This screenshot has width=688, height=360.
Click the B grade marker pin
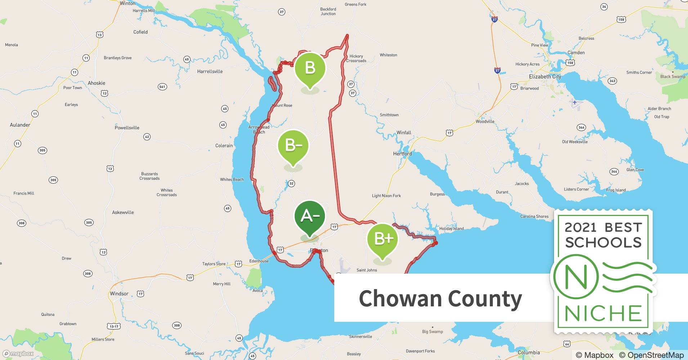[310, 68]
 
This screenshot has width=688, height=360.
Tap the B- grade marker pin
[293, 146]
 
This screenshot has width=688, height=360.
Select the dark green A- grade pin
[310, 216]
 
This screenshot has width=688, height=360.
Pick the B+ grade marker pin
[382, 239]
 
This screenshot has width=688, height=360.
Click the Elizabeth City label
[545, 77]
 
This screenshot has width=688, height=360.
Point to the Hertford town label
[402, 154]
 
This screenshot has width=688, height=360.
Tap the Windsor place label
[119, 294]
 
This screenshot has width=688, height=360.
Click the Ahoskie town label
[97, 83]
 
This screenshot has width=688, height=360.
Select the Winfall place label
[404, 132]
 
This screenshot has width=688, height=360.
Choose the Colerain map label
[224, 146]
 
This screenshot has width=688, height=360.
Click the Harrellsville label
[210, 72]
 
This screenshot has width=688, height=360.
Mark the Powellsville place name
[127, 128]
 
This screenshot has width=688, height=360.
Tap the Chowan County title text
[440, 298]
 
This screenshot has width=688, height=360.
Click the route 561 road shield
[162, 87]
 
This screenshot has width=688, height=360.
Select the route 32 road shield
[291, 184]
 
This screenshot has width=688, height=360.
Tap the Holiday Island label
[451, 229]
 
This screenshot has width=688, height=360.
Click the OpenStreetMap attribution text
[651, 355]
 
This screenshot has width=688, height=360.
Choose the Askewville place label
[123, 212]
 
